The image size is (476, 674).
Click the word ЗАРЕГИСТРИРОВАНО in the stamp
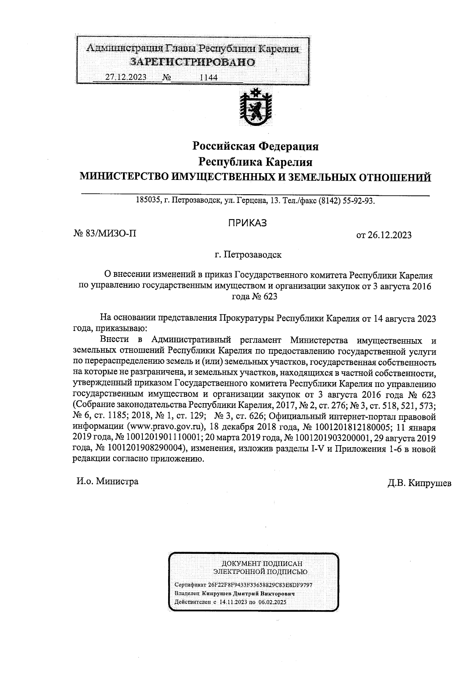coord(193,62)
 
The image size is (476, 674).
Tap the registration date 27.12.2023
coord(126,77)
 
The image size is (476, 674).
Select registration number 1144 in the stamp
coord(209,77)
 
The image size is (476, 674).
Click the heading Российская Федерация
coord(255,147)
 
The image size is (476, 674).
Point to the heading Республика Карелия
coord(255,162)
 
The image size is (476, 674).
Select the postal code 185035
coord(148,201)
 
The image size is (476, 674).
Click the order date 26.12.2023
coord(390,235)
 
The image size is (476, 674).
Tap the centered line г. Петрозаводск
coord(248,255)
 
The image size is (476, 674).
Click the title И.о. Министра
coord(107,481)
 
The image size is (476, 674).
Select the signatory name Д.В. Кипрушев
coord(420,484)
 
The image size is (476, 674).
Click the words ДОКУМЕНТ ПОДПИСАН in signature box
coord(261,564)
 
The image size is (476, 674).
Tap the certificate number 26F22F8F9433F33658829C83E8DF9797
coord(261,585)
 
